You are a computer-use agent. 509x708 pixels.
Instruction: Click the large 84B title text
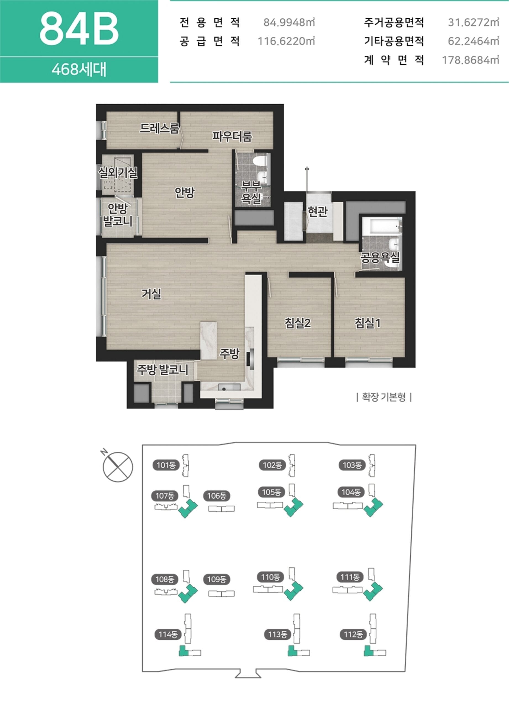click(79, 29)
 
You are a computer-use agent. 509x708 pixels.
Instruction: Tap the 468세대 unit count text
click(79, 70)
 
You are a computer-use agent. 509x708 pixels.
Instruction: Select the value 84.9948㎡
click(289, 22)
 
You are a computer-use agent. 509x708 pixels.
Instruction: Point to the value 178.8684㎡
click(470, 60)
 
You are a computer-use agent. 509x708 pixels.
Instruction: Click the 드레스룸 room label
click(159, 128)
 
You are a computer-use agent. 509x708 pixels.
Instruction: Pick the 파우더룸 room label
click(232, 136)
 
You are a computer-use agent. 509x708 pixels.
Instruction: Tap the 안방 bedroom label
click(184, 192)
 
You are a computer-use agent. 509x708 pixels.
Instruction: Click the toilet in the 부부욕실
click(260, 161)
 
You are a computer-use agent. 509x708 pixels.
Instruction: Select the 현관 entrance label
click(318, 211)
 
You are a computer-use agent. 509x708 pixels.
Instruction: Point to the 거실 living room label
click(151, 293)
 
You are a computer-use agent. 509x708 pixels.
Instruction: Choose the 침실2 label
click(298, 323)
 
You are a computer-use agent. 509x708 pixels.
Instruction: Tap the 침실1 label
click(368, 323)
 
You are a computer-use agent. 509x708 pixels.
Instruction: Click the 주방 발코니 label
click(162, 370)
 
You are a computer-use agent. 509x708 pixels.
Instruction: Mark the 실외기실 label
click(118, 172)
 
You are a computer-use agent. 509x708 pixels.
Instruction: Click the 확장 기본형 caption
click(384, 397)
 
